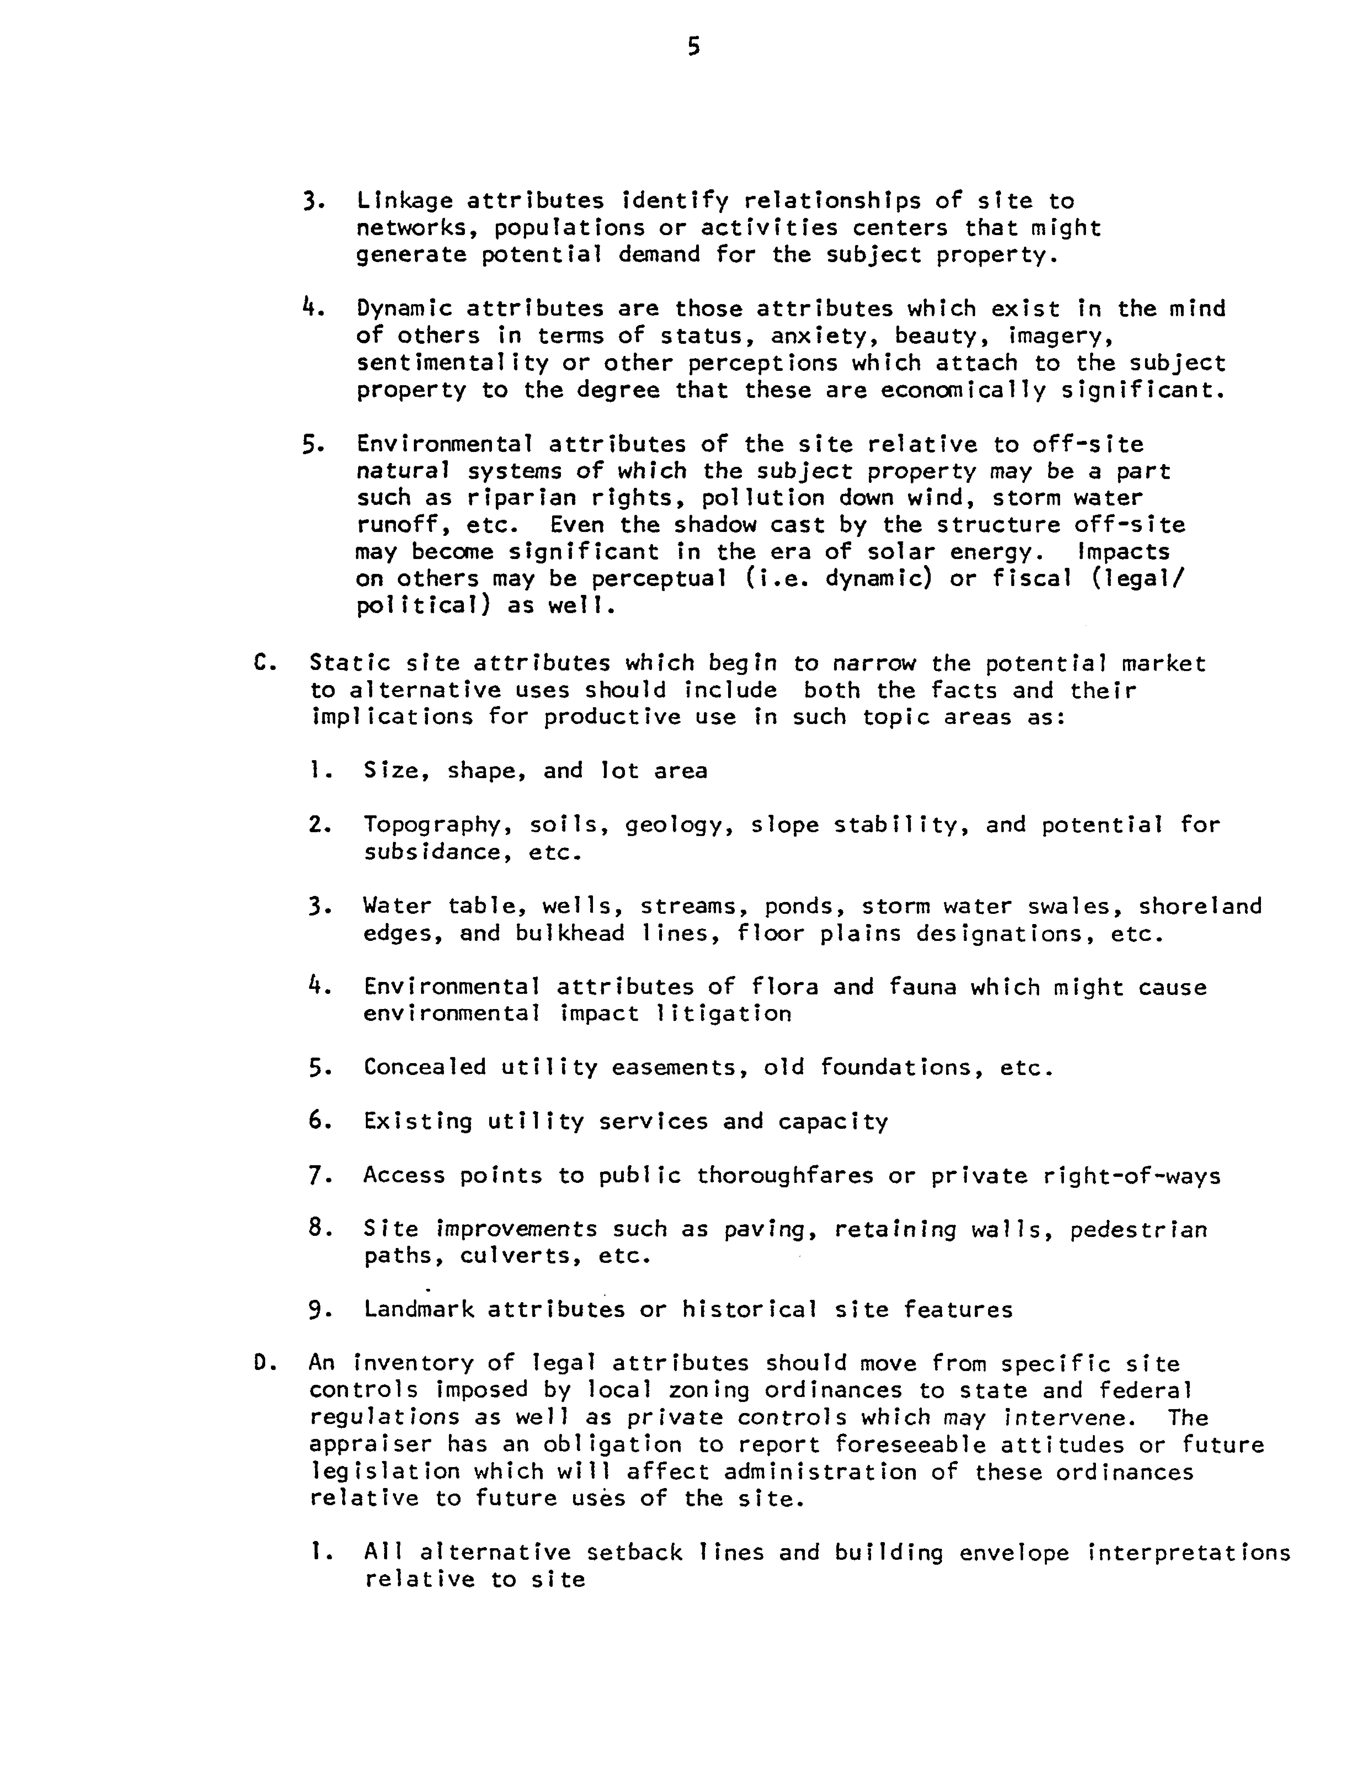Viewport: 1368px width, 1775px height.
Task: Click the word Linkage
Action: (x=401, y=201)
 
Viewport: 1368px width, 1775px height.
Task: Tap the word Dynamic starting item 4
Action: (x=401, y=309)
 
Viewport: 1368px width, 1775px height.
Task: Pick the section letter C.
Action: (x=260, y=663)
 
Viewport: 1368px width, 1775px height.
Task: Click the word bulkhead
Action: (x=569, y=933)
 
